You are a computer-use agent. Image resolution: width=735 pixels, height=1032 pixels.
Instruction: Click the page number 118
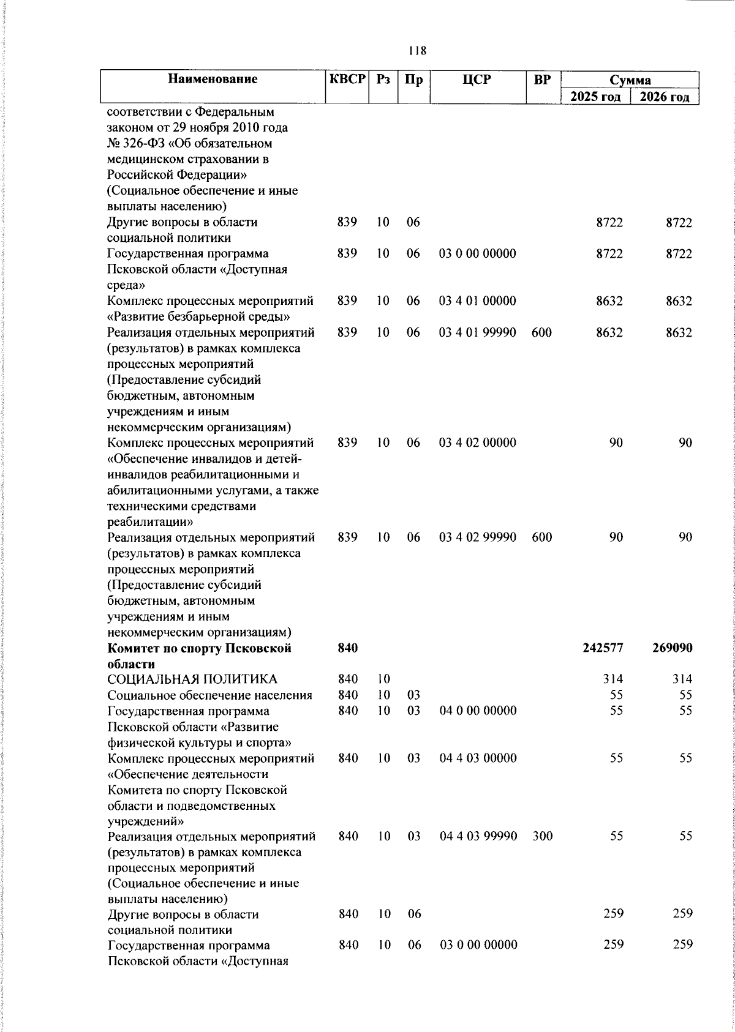[x=417, y=51]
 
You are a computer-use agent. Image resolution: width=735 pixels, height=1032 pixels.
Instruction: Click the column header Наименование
[x=213, y=79]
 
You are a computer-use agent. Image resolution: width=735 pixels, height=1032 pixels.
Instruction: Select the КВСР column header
[x=347, y=79]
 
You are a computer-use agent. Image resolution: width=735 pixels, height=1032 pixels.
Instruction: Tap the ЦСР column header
[x=478, y=79]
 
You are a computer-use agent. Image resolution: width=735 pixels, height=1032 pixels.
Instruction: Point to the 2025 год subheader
[x=596, y=97]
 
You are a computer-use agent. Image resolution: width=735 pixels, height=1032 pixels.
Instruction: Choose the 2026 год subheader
[x=665, y=97]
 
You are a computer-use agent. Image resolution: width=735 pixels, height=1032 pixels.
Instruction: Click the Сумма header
[x=630, y=80]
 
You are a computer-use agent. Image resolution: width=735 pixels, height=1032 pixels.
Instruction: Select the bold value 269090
[x=673, y=648]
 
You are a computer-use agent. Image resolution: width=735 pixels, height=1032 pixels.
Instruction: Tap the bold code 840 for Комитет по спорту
[x=347, y=648]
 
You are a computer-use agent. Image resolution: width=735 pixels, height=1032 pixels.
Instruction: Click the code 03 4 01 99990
[x=478, y=332]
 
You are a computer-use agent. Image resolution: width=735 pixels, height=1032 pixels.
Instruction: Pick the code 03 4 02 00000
[x=478, y=443]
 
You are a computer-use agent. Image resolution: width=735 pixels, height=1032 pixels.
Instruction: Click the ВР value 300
[x=542, y=836]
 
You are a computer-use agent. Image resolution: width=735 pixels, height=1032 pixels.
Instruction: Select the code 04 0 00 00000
[x=478, y=710]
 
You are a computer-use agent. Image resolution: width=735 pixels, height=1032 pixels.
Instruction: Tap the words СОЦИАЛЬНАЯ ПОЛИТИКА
[x=192, y=679]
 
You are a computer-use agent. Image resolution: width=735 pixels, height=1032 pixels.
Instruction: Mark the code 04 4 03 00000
[x=478, y=758]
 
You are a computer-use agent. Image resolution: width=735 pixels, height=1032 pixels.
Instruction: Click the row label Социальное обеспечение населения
[x=209, y=695]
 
